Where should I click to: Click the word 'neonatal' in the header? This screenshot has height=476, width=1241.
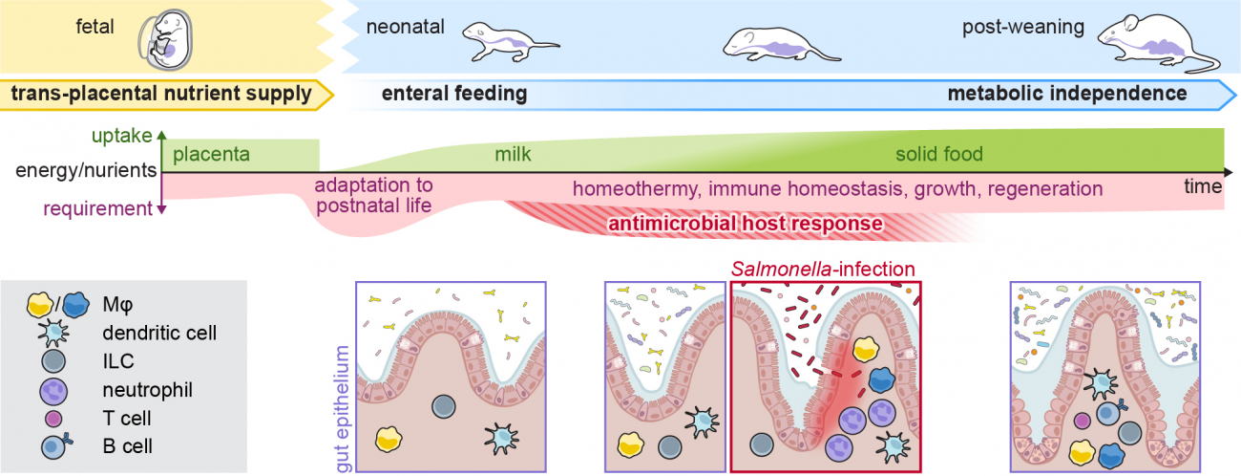click(x=406, y=27)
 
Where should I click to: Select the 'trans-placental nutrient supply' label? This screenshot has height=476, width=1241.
click(x=161, y=93)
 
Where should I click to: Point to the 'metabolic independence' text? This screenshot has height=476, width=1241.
click(x=1067, y=94)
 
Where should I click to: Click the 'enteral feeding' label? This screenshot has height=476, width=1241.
click(x=454, y=94)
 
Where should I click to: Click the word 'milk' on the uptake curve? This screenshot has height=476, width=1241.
click(x=513, y=155)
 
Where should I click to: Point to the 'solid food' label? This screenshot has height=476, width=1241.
click(x=939, y=154)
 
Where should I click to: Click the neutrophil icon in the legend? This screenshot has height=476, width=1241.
click(x=54, y=391)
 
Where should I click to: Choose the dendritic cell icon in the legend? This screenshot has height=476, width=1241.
click(x=54, y=333)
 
